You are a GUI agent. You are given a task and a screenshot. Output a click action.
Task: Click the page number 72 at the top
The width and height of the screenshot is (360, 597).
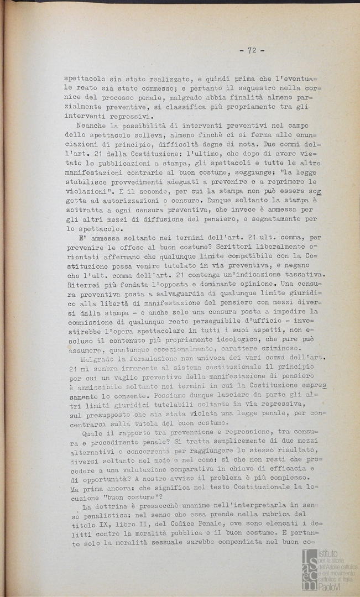click(x=252, y=50)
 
